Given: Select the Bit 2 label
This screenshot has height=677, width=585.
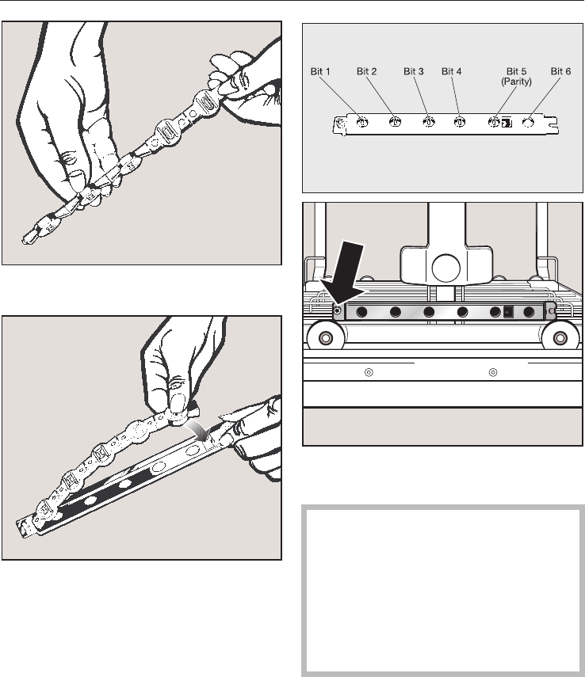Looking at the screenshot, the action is click(367, 72).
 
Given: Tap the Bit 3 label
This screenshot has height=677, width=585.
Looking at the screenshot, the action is click(414, 72).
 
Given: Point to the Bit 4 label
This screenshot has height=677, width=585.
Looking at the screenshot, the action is click(451, 72).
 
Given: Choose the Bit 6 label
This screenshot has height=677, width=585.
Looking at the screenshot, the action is click(562, 72).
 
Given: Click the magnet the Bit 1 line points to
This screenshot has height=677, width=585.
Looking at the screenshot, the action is click(361, 122).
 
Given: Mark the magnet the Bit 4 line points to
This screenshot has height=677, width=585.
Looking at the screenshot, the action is click(460, 122).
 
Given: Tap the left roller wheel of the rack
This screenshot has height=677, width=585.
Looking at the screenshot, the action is click(324, 338).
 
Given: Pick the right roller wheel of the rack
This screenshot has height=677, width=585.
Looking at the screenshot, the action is click(560, 338).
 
